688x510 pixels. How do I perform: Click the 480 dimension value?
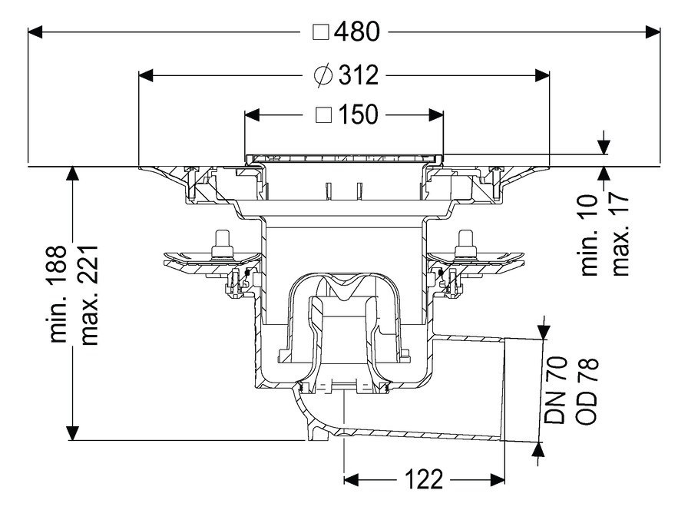click(357, 32)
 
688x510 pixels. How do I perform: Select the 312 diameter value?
click(358, 75)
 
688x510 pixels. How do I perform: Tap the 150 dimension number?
click(358, 114)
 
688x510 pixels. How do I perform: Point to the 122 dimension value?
click(423, 479)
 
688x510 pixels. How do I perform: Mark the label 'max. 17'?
click(620, 234)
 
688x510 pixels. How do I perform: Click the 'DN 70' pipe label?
click(555, 390)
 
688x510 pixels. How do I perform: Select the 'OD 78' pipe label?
click(587, 391)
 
